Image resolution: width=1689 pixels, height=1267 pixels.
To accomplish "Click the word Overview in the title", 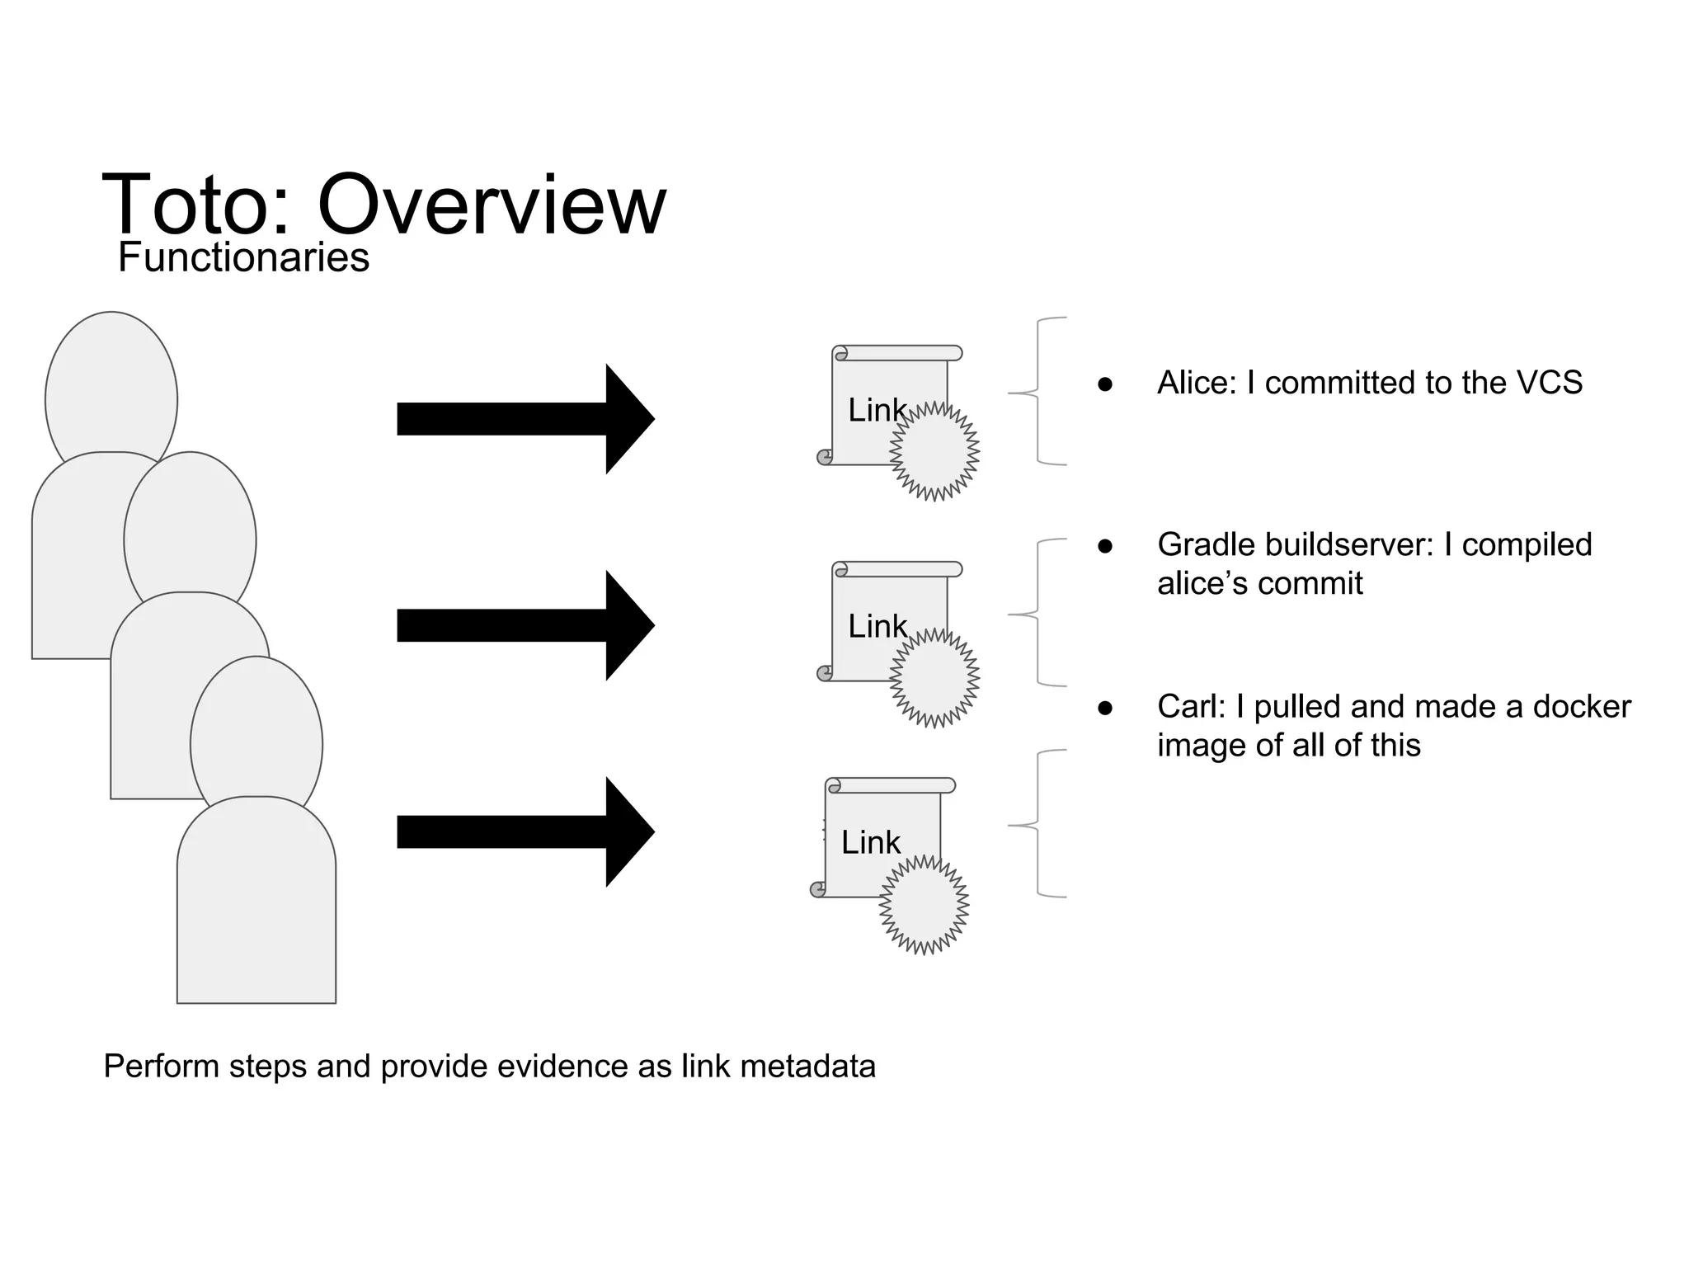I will point(492,205).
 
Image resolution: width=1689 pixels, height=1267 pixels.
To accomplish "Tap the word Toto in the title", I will point(195,205).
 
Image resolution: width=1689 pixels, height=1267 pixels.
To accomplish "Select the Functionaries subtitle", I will point(243,257).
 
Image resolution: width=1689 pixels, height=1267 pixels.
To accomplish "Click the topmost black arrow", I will point(525,419).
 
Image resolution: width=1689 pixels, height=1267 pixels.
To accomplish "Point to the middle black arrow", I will point(525,625).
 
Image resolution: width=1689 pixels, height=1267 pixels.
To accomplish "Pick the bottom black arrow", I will point(525,831).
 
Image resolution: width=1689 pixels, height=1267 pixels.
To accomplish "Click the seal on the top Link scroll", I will point(934,452).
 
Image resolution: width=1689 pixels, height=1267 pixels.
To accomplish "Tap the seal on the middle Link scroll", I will point(934,678).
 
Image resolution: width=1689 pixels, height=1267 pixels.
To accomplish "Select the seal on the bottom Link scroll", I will point(924,905).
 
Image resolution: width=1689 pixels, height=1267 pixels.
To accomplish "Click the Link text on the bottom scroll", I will point(871,842).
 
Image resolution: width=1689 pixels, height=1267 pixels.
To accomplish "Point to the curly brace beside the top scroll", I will point(1037,392).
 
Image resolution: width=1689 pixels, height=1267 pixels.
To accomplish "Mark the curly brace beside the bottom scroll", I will point(1037,824).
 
